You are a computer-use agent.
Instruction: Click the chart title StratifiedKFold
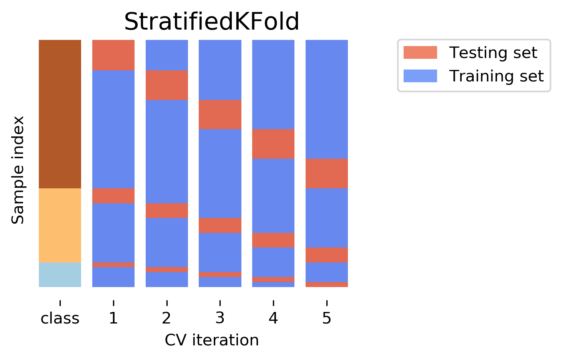[x=211, y=22]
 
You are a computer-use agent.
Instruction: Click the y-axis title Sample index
[x=18, y=170]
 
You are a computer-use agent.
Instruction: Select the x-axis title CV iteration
[x=211, y=340]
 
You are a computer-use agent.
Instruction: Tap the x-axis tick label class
[x=60, y=319]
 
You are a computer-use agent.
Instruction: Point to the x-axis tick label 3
[x=219, y=319]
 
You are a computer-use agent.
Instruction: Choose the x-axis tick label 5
[x=326, y=319]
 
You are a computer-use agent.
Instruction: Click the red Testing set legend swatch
[x=420, y=53]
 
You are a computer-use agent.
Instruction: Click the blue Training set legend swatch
[x=420, y=76]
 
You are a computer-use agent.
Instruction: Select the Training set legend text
[x=496, y=76]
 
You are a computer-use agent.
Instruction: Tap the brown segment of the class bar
[x=60, y=114]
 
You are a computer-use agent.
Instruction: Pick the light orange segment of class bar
[x=60, y=225]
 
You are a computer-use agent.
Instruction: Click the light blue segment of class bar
[x=60, y=275]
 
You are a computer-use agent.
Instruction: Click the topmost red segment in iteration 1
[x=113, y=55]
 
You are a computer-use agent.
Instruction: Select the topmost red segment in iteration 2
[x=167, y=85]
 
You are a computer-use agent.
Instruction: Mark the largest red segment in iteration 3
[x=220, y=114]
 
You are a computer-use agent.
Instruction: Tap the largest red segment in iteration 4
[x=273, y=144]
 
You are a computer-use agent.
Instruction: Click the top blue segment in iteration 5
[x=327, y=99]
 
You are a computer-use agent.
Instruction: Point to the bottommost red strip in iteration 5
[x=327, y=284]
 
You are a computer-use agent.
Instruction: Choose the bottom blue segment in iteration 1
[x=113, y=277]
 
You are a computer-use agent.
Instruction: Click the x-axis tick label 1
[x=113, y=319]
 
